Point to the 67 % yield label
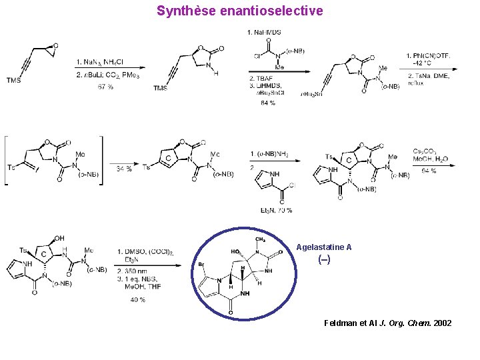(105, 87)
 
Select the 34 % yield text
(124, 169)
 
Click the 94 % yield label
(429, 171)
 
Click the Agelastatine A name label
(324, 247)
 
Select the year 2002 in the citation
(442, 323)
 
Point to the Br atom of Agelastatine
(201, 265)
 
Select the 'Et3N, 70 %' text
(273, 211)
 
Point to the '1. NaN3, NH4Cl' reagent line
(101, 63)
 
